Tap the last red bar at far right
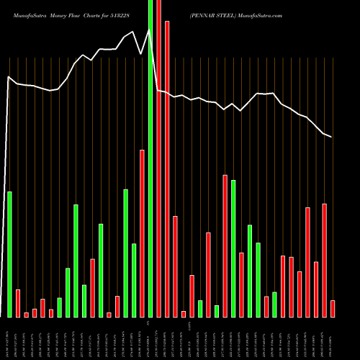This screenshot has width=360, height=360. (x=333, y=308)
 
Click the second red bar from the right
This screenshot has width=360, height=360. (x=324, y=260)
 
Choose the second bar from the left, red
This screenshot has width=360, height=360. (x=18, y=302)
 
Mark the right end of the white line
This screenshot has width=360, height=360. (x=331, y=137)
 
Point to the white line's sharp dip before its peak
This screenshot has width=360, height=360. (x=143, y=52)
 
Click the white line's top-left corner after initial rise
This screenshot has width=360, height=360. (x=9, y=76)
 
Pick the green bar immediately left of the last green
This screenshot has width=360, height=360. (x=258, y=279)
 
